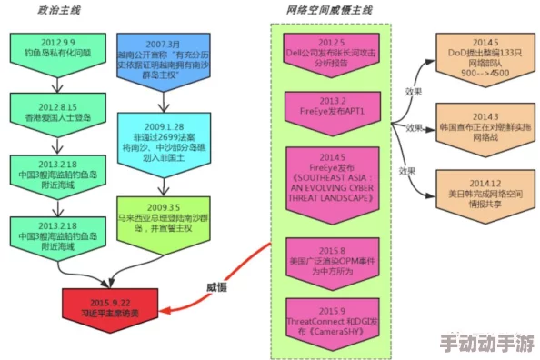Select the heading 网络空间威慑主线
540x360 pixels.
point(329,11)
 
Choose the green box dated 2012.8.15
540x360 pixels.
point(52,110)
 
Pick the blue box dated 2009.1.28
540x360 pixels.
point(164,140)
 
